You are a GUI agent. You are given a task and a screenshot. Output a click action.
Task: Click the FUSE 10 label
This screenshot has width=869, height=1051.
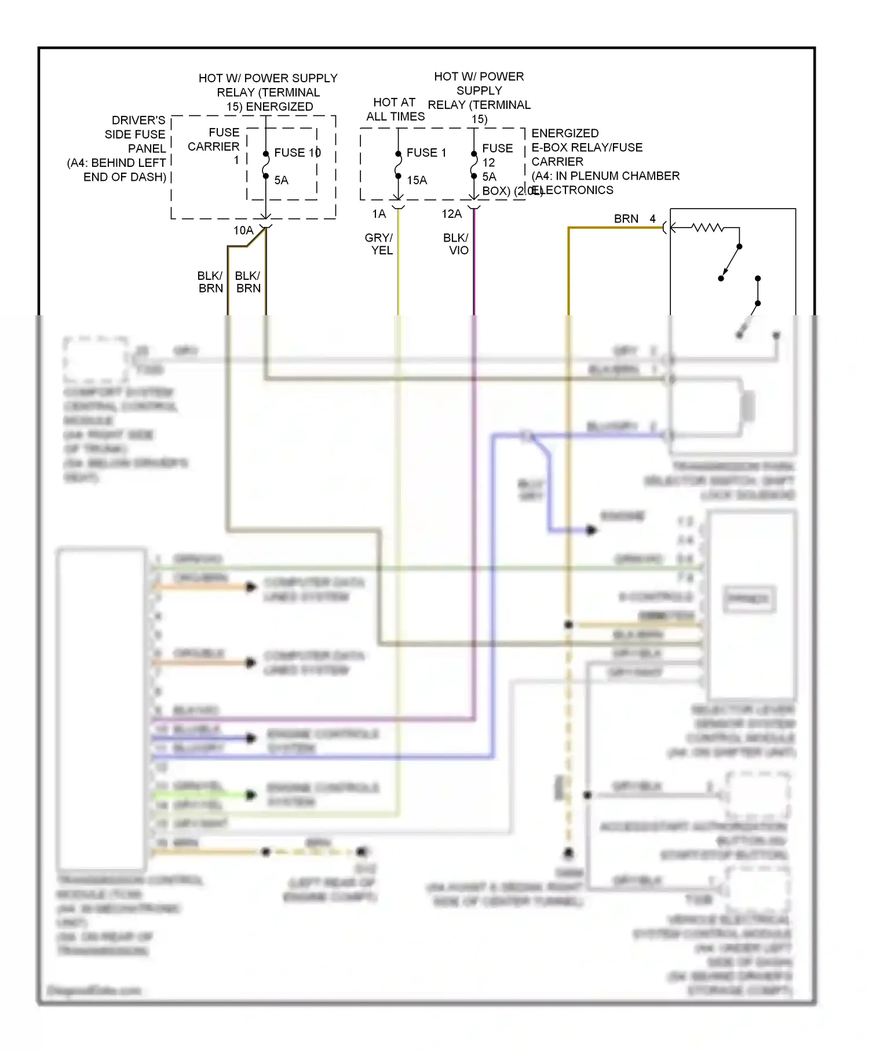[297, 152]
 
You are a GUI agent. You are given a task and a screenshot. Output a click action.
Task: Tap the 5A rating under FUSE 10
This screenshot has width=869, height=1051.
[281, 180]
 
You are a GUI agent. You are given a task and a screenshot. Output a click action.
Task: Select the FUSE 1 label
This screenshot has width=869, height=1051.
[426, 152]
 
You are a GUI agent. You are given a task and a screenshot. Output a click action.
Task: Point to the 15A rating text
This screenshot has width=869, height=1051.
[417, 180]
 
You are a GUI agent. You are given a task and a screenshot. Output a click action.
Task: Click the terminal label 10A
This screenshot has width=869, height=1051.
[243, 230]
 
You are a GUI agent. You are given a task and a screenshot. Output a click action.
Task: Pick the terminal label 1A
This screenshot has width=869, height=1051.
[379, 214]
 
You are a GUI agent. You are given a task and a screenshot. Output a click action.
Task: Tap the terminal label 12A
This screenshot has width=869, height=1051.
[451, 214]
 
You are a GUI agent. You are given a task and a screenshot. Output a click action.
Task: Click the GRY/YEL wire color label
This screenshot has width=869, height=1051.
[379, 244]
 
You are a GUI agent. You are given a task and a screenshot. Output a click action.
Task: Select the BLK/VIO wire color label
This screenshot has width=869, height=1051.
[456, 244]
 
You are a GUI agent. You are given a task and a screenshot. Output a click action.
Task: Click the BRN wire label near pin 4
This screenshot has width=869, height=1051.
[626, 219]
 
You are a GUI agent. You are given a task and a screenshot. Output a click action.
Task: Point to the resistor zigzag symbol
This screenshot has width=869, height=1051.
[708, 228]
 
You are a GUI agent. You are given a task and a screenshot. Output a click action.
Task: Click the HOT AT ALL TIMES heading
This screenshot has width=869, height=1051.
[395, 109]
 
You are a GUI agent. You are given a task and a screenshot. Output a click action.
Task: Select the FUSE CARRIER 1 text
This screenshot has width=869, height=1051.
[214, 146]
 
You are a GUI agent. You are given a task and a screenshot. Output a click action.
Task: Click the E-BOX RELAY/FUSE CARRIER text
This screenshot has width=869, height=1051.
[586, 154]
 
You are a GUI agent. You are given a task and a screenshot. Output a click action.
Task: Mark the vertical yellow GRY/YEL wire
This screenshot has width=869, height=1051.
[398, 272]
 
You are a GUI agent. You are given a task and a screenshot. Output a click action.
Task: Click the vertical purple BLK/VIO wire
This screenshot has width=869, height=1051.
[474, 272]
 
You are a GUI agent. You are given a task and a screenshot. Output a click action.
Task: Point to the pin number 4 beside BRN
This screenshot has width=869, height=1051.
[653, 219]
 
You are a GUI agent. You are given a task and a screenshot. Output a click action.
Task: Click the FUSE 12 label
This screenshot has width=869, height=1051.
[497, 155]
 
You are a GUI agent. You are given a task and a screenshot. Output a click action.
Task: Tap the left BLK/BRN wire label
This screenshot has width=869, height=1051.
[210, 282]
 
